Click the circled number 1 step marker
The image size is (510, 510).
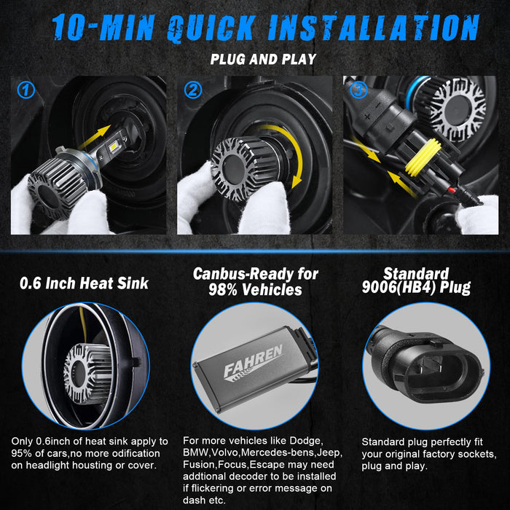pyautogui.click(x=26, y=90)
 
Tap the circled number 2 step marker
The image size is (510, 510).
pyautogui.click(x=193, y=90)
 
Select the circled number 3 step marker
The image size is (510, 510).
pyautogui.click(x=358, y=90)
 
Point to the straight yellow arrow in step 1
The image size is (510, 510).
pyautogui.click(x=94, y=137)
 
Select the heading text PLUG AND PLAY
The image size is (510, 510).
pyautogui.click(x=263, y=59)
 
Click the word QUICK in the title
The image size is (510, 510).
pyautogui.click(x=211, y=28)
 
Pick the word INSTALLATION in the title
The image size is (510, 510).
pyautogui.click(x=373, y=27)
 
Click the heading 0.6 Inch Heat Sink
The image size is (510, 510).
pyautogui.click(x=84, y=283)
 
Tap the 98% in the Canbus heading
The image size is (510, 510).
pyautogui.click(x=223, y=289)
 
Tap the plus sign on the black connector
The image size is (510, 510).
pyautogui.click(x=367, y=116)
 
